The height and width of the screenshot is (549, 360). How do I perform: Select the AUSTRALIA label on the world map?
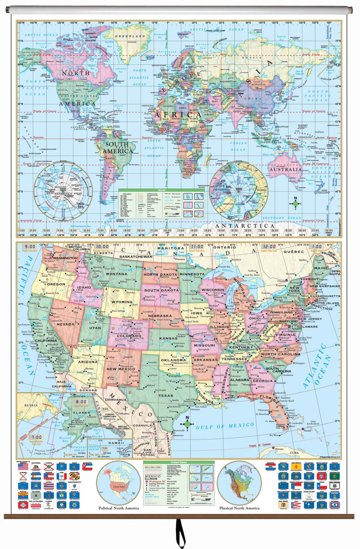[x=285, y=169]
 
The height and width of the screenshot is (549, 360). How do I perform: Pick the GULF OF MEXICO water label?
[x=225, y=426]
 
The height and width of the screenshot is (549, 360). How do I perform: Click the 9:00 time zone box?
[x=30, y=247]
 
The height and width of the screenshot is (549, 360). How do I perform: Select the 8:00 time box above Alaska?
[x=81, y=401]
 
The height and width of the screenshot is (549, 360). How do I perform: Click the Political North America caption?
[x=119, y=508]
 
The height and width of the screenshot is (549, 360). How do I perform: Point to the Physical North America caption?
[x=239, y=508]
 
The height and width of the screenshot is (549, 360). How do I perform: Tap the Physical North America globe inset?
[x=239, y=483]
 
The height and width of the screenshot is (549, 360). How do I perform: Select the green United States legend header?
[x=178, y=463]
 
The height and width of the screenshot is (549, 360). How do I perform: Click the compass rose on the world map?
[x=296, y=203]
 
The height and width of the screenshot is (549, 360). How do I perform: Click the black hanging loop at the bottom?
[x=180, y=534]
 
